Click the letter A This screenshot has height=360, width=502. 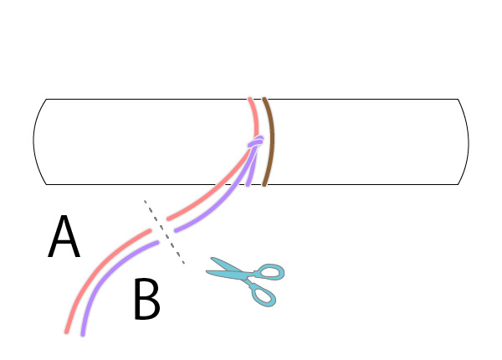pos(64,236)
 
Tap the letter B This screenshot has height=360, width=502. pos(146,299)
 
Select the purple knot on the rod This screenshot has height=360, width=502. pos(256,141)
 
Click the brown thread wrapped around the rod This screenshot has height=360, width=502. pos(269,141)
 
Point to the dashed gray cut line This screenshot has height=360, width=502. pos(164,232)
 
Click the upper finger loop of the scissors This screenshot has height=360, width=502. pos(270,271)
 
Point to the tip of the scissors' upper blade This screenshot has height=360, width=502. pos(212,258)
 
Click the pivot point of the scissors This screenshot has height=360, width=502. pos(247,276)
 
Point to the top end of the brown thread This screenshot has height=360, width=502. pos(264,99)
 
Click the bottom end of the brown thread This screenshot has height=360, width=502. pos(264,184)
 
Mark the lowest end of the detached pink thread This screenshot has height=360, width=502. pos(67,332)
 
